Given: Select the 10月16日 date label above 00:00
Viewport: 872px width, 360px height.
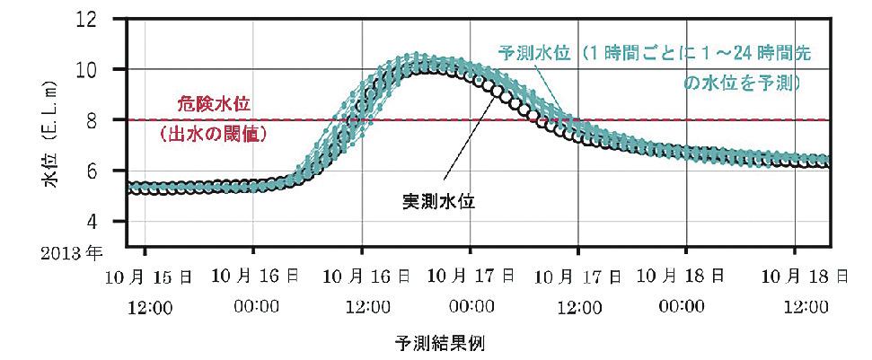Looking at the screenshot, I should (255, 278).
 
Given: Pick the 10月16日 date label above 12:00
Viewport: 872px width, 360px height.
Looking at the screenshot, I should (363, 278).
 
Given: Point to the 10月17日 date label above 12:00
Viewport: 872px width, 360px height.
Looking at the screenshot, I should (579, 278).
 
